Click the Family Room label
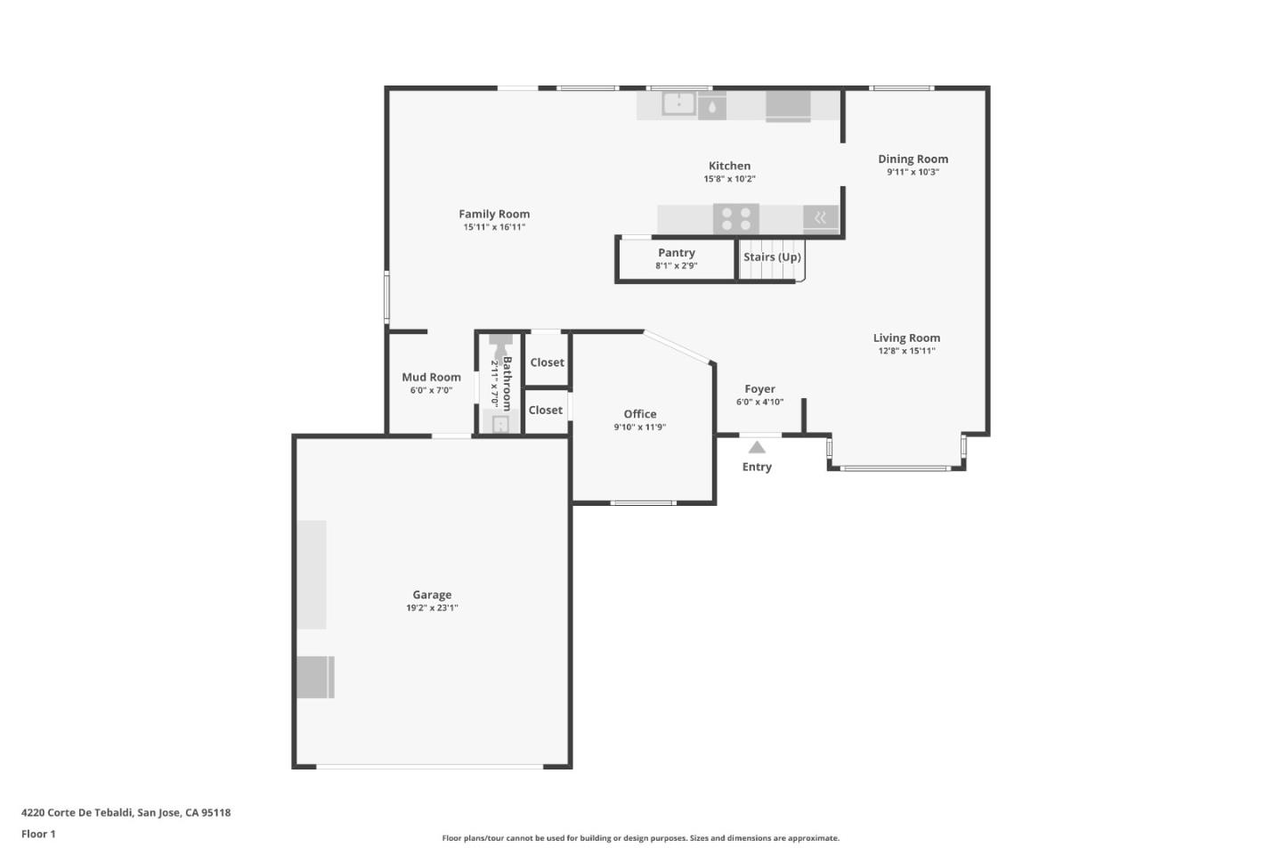494,214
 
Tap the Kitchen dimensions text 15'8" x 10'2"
729,179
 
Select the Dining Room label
913,159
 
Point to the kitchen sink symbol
678,104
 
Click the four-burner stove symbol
735,218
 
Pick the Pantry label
677,253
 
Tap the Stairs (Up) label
772,257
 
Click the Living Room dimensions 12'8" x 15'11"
906,351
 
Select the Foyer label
759,389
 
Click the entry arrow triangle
757,447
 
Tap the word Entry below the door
757,467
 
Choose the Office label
640,414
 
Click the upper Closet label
547,362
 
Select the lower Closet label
546,410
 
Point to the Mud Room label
431,378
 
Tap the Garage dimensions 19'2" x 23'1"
432,608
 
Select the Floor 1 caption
38,835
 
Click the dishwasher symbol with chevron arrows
820,217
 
